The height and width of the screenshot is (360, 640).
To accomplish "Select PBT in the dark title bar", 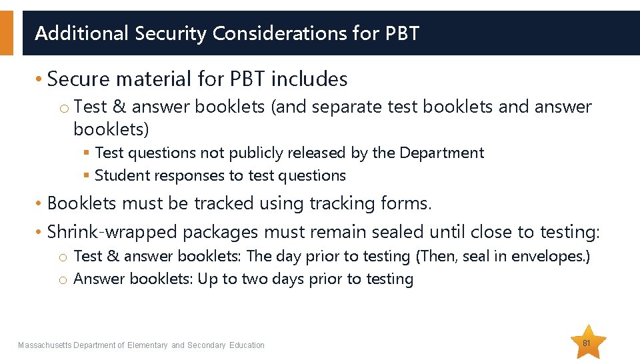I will (x=402, y=33).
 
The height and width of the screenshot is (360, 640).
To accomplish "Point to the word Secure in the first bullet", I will (x=78, y=79).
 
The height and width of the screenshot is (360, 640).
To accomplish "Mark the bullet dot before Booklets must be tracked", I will (x=39, y=204).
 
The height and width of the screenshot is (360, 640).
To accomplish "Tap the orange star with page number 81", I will (x=587, y=342).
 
